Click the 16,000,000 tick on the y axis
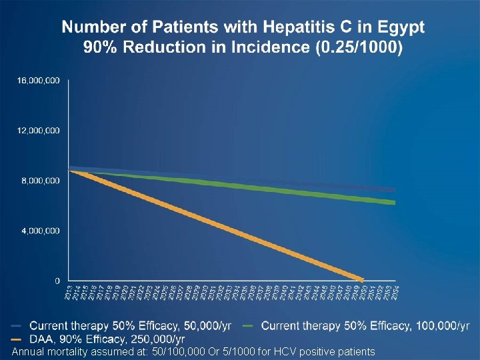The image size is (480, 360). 38,80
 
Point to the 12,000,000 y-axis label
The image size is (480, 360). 38,130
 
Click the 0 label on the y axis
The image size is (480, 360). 57,281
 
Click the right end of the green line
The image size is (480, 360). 395,203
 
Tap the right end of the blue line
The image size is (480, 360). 395,190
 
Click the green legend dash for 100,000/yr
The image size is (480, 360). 248,326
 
